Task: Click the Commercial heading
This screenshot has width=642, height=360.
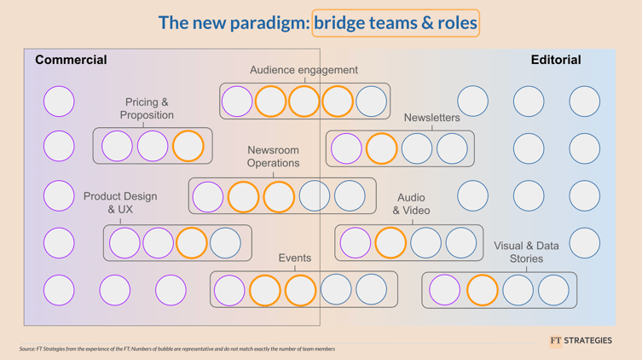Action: [x=71, y=60]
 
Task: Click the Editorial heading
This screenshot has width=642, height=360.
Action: [x=555, y=60]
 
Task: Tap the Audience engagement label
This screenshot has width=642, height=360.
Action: [x=304, y=70]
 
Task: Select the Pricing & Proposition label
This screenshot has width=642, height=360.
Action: [x=147, y=108]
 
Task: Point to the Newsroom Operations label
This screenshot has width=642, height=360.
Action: [x=273, y=156]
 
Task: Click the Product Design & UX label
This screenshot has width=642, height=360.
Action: [x=120, y=202]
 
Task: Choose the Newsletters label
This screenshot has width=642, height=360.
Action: [x=431, y=118]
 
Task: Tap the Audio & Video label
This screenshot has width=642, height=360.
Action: [x=411, y=204]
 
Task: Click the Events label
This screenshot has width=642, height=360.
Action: [x=295, y=258]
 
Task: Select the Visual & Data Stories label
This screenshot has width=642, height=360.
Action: [x=526, y=252]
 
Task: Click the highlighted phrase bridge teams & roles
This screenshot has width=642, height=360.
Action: [x=396, y=23]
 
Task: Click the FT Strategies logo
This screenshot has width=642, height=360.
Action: [x=581, y=340]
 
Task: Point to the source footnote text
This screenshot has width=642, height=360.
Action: [x=177, y=349]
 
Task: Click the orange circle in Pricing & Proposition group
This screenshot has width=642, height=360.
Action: [x=188, y=146]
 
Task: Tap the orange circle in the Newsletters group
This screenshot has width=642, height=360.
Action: [x=381, y=148]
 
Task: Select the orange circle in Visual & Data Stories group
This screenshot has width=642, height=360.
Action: [x=482, y=290]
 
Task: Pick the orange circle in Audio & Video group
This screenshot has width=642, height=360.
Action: [x=390, y=243]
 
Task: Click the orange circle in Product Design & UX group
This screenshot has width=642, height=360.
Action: [x=192, y=243]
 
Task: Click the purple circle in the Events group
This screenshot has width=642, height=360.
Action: [x=229, y=290]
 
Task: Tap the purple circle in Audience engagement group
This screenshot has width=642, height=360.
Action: [x=237, y=102]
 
